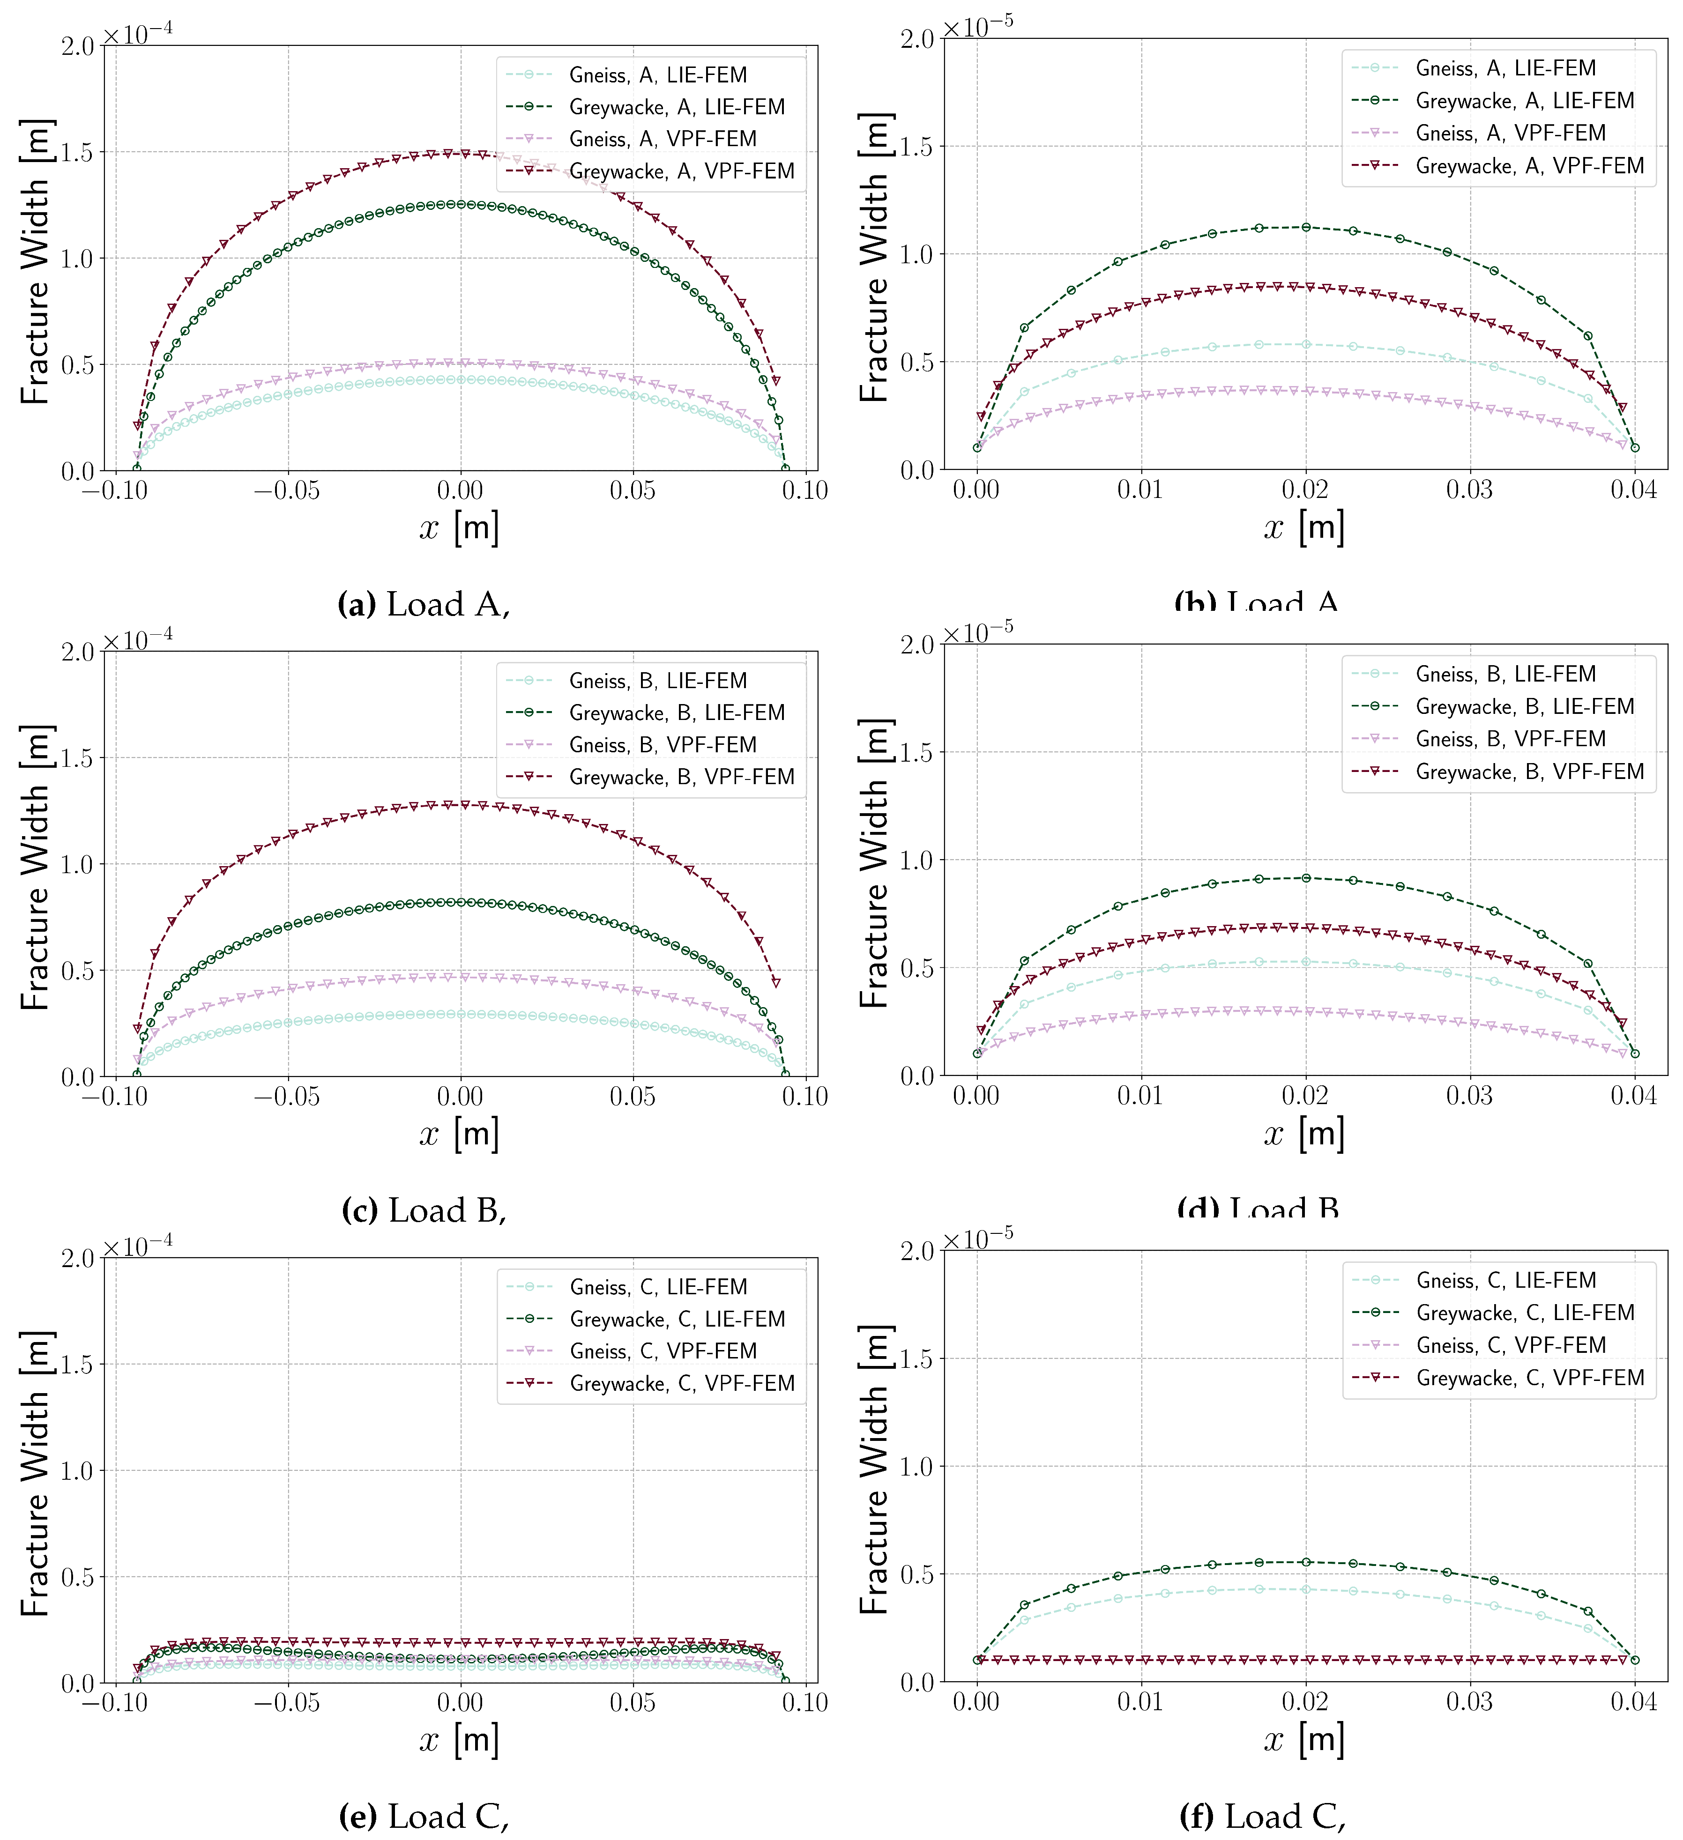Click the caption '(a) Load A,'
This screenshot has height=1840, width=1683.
click(424, 604)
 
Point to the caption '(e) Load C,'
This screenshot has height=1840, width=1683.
click(424, 1816)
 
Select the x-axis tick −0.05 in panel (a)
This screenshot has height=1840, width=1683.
click(289, 491)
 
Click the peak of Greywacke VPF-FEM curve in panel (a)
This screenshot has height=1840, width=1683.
click(448, 153)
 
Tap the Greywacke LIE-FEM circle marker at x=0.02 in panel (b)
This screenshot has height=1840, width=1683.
click(1305, 227)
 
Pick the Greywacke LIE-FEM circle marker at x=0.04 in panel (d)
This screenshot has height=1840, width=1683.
click(1635, 1053)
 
